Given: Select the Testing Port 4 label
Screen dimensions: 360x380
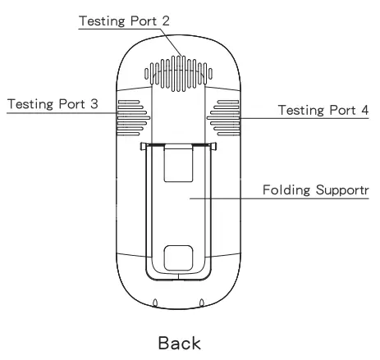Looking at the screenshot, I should [323, 109].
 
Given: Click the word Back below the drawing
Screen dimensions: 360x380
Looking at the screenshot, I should [179, 344].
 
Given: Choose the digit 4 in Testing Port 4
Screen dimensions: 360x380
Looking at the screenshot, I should [365, 109].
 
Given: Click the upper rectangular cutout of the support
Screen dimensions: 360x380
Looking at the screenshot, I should [178, 164].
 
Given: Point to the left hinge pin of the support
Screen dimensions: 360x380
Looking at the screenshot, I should [144, 147].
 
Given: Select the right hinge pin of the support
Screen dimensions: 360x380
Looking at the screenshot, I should [213, 147].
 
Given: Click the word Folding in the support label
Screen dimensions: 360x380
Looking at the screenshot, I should [286, 190].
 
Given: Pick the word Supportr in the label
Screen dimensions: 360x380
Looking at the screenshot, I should [342, 190].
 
